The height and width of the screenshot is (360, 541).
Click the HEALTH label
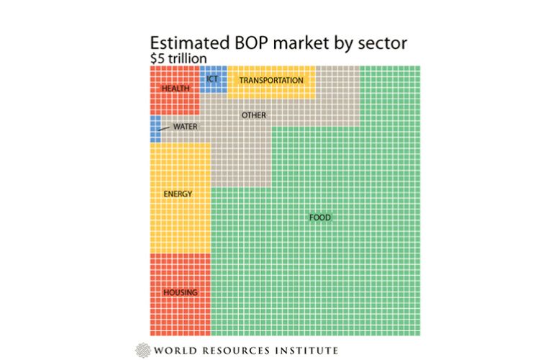(176, 88)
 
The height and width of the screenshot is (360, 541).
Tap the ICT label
(213, 78)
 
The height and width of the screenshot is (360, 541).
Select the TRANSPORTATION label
(271, 80)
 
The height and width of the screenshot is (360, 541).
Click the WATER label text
(185, 127)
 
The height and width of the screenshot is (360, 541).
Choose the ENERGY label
(178, 194)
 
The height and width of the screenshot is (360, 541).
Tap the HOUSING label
(180, 292)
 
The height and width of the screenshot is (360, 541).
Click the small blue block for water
(155, 130)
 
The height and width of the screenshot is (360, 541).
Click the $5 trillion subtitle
(178, 58)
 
